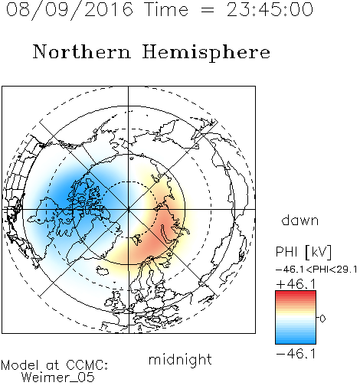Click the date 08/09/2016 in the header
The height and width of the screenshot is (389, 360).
click(x=70, y=10)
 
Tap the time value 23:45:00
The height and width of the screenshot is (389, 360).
click(x=270, y=9)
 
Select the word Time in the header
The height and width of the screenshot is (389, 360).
click(x=166, y=9)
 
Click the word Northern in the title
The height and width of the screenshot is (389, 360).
click(x=82, y=52)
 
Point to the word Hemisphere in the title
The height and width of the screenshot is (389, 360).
click(x=206, y=53)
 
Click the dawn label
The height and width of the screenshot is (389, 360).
click(x=299, y=220)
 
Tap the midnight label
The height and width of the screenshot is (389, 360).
click(x=180, y=359)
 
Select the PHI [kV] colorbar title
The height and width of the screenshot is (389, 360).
click(x=303, y=252)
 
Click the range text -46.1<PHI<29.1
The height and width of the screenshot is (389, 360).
click(x=316, y=270)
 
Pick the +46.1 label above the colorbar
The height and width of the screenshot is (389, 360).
click(x=296, y=284)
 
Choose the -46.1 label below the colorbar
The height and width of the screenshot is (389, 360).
click(x=296, y=354)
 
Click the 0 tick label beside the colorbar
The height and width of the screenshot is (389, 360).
click(x=322, y=319)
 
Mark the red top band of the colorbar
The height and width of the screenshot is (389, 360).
click(x=296, y=293)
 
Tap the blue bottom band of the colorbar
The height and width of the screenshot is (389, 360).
click(x=296, y=342)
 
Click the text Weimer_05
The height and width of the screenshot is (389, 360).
click(x=58, y=378)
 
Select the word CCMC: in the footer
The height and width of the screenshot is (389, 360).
click(x=87, y=365)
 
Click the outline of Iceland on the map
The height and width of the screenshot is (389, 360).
click(x=102, y=270)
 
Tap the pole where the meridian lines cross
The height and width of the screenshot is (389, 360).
click(x=129, y=209)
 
